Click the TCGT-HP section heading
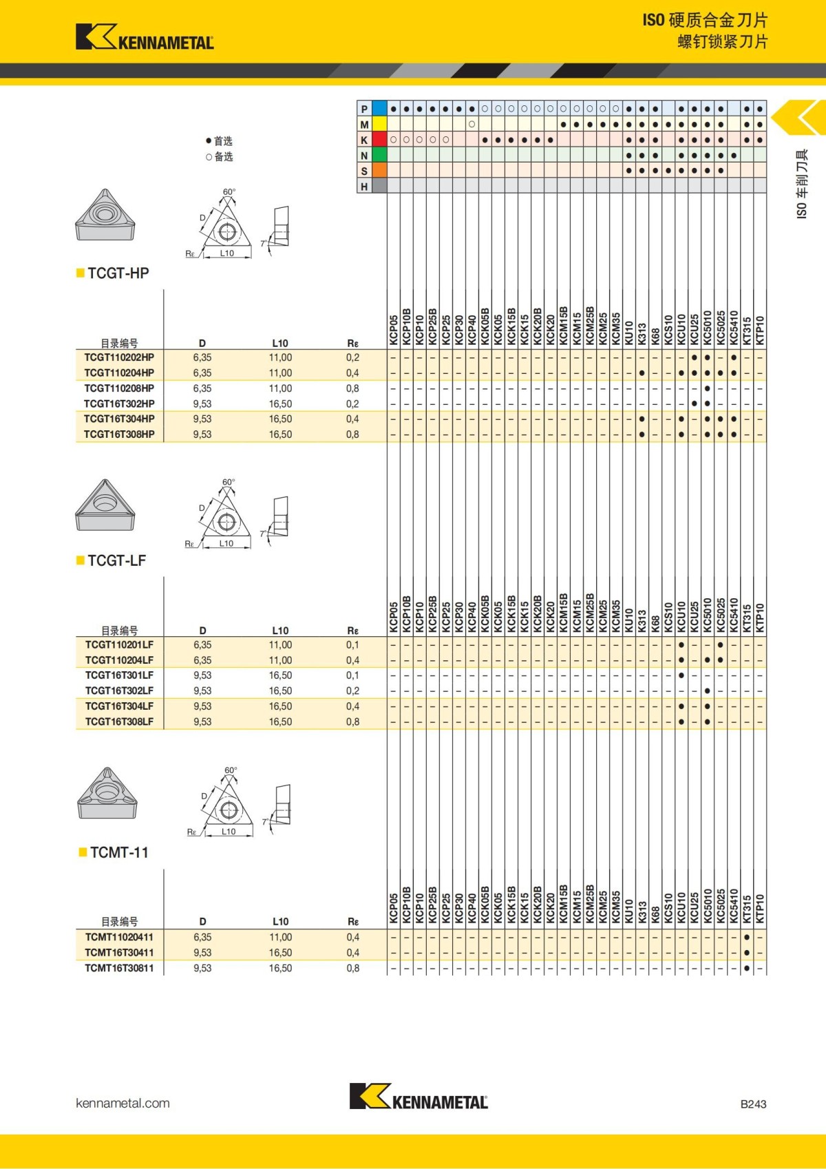118,273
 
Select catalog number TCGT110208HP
119,388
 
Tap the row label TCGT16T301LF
119,675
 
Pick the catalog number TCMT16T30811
119,968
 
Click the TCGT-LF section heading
116,560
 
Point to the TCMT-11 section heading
119,852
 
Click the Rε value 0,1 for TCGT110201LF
352,645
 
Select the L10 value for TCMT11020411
280,937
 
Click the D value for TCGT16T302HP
202,403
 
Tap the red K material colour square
379,140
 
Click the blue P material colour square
379,109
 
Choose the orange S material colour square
379,171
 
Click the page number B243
753,1104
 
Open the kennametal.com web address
123,1103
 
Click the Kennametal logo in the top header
145,37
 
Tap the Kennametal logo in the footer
418,1096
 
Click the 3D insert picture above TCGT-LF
105,505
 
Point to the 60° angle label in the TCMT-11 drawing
231,770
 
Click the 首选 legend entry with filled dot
220,141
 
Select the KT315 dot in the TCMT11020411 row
747,938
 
